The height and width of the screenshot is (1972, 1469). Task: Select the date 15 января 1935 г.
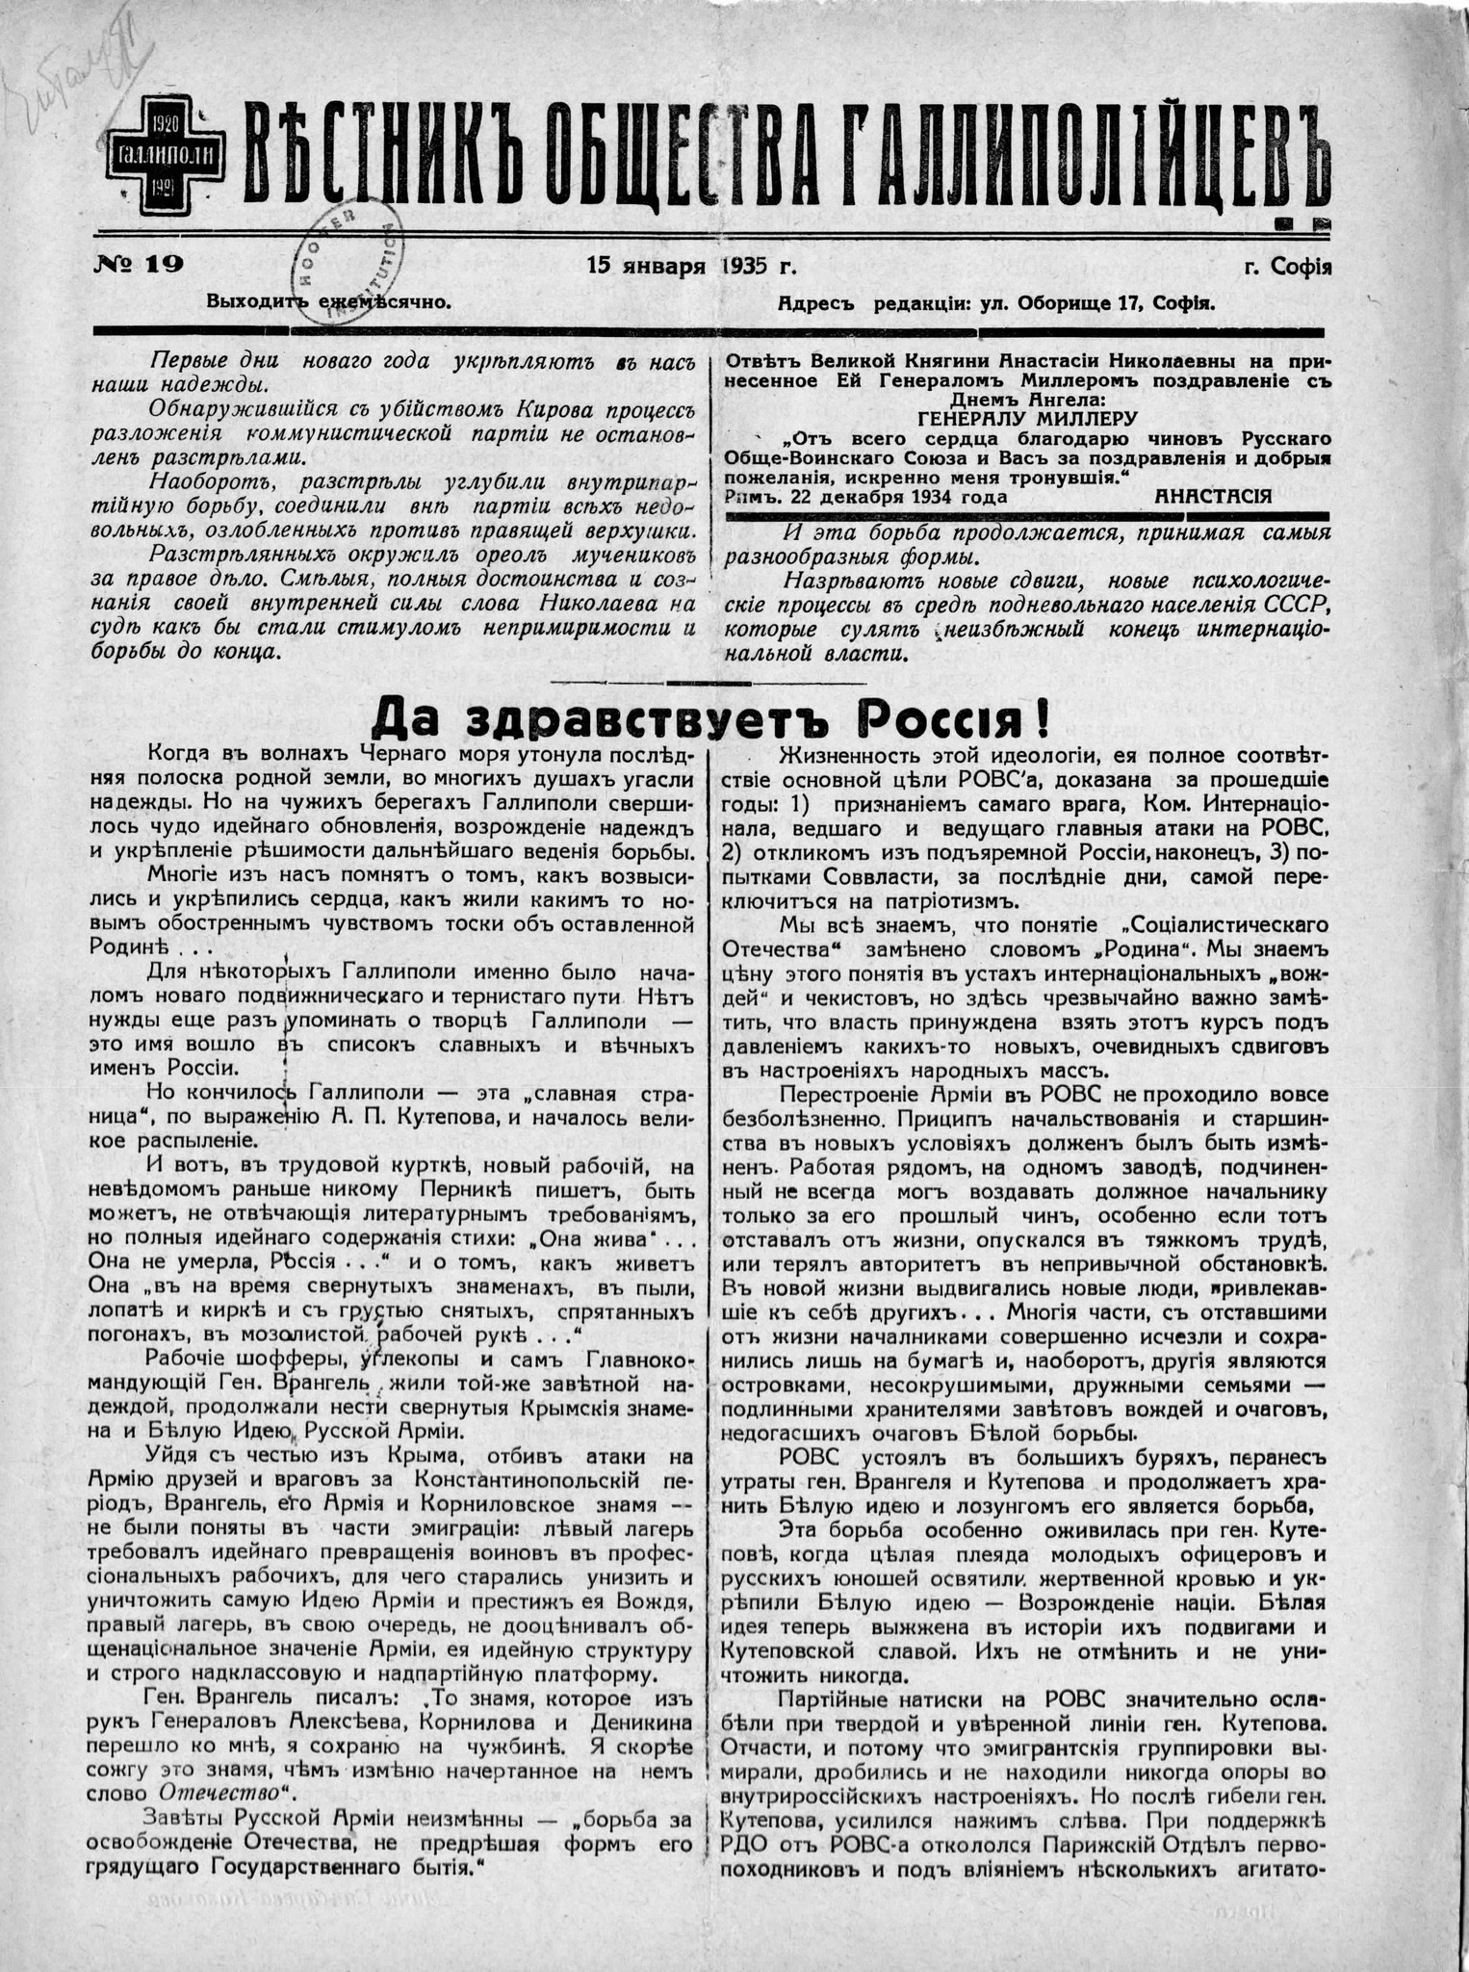coord(691,266)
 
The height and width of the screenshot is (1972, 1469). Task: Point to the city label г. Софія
coord(1287,266)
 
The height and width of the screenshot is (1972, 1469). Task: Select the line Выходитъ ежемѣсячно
coord(329,301)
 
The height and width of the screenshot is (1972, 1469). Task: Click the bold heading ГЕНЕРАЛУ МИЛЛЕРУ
coord(1026,419)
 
